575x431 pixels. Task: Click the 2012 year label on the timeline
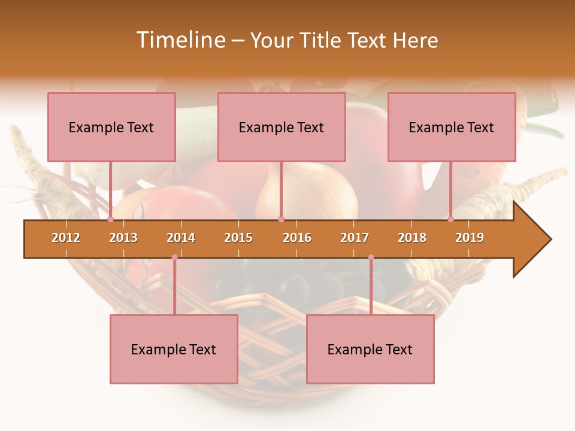[66, 238]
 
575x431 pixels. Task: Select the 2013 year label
[123, 238]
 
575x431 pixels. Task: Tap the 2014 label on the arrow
[181, 238]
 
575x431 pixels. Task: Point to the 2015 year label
[238, 238]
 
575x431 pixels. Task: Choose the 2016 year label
[297, 238]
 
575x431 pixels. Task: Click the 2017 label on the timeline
[355, 238]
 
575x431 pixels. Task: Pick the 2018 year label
[412, 238]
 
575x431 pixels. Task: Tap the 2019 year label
[470, 238]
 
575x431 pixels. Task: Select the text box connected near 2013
[111, 127]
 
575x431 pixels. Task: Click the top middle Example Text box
[282, 127]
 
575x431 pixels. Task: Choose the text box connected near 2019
[452, 127]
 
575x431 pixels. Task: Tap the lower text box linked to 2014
[174, 349]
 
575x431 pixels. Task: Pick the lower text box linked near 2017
[370, 349]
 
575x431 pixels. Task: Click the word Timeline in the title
[180, 40]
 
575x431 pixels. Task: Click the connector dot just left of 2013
[111, 219]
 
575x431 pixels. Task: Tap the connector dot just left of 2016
[281, 219]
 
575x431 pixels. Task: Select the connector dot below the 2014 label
[174, 257]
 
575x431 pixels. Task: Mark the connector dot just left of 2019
[451, 219]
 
